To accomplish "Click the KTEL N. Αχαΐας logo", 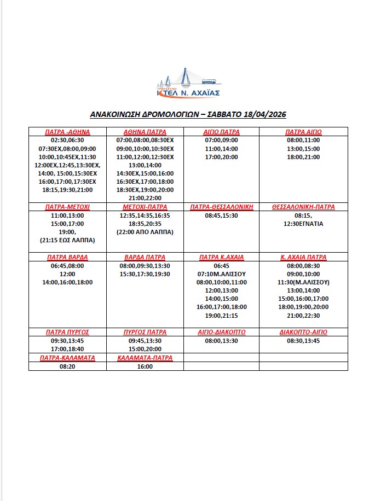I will click(x=188, y=83).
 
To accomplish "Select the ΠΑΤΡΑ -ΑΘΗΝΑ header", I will click(x=67, y=132).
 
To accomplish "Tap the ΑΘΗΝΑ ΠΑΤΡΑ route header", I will click(x=145, y=132).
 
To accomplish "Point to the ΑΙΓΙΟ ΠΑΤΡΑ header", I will click(x=221, y=132).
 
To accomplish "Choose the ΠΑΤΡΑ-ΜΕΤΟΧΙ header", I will click(x=67, y=207).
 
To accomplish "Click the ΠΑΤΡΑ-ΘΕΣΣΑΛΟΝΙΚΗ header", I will click(x=221, y=207).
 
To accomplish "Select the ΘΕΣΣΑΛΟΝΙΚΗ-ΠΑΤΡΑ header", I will click(x=303, y=207).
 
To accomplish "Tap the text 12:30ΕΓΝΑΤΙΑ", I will click(x=303, y=224).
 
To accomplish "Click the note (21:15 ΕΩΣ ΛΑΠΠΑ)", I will click(x=67, y=240).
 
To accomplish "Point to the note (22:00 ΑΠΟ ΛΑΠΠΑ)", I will click(x=145, y=232).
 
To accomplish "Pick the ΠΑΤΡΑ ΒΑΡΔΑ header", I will click(x=67, y=257).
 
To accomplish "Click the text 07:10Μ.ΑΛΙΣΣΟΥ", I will click(x=221, y=273).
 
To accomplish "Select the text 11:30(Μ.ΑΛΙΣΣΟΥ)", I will click(x=303, y=282).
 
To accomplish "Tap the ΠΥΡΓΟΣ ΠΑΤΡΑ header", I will click(x=145, y=332).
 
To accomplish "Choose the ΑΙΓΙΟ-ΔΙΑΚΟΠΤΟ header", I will click(x=221, y=332).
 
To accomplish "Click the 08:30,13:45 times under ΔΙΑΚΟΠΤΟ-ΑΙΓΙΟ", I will click(x=303, y=340).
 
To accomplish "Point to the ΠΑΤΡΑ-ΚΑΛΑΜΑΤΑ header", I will click(x=67, y=358).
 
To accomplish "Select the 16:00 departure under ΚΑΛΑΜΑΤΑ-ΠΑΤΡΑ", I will click(x=145, y=366).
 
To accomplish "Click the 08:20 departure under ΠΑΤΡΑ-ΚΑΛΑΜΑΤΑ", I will click(x=67, y=366).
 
